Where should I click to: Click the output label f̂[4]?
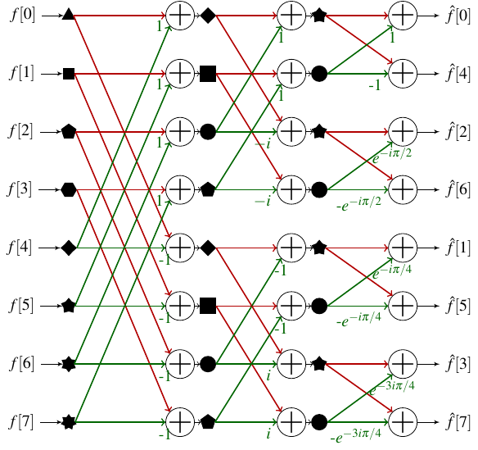[x=458, y=74]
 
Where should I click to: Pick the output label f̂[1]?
[x=458, y=248]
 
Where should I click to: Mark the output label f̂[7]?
[x=458, y=423]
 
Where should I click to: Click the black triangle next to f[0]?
[x=69, y=15]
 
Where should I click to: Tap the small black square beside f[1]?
[x=69, y=74]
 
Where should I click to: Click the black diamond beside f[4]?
[x=69, y=248]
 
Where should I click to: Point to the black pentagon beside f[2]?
[x=69, y=131]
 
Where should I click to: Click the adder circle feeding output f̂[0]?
[x=402, y=15]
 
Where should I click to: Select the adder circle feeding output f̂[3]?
[x=402, y=365]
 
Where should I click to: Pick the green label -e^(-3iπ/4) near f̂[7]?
[x=358, y=436]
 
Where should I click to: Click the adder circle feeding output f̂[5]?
[x=402, y=307]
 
